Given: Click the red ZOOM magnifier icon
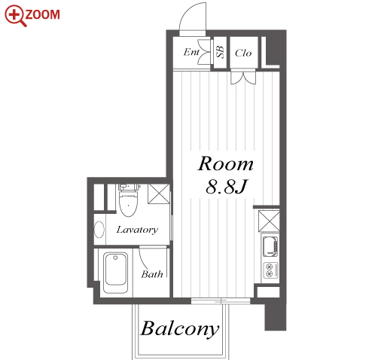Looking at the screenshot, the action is coord(15,16).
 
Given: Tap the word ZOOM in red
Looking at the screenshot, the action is coord(43,14).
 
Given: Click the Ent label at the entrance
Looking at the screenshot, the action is coord(191,52).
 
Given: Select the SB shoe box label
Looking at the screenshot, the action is coord(220,52).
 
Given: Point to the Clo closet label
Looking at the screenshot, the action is coord(243,53).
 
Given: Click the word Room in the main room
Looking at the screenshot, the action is coord(225,163).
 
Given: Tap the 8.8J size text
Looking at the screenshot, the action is coord(227,187).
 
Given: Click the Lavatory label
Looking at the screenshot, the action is coord(137,230).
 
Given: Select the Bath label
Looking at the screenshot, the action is coord(152,274).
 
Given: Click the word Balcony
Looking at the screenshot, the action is coord(180,329).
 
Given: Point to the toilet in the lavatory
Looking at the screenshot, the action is coord(129,200).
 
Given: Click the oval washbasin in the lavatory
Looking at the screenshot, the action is coord(99,229).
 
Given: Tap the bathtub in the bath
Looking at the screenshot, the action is coord(115,273).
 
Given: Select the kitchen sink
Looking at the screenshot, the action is coord(270,246).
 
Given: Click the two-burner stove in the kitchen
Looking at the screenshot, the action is coord(270,270).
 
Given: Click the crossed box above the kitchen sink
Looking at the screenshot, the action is coord(269,221).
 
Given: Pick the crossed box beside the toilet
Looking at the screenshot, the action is coord(159,194).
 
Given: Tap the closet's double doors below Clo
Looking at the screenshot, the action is coord(243,77).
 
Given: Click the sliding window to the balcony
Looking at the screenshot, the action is coord(221,301).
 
